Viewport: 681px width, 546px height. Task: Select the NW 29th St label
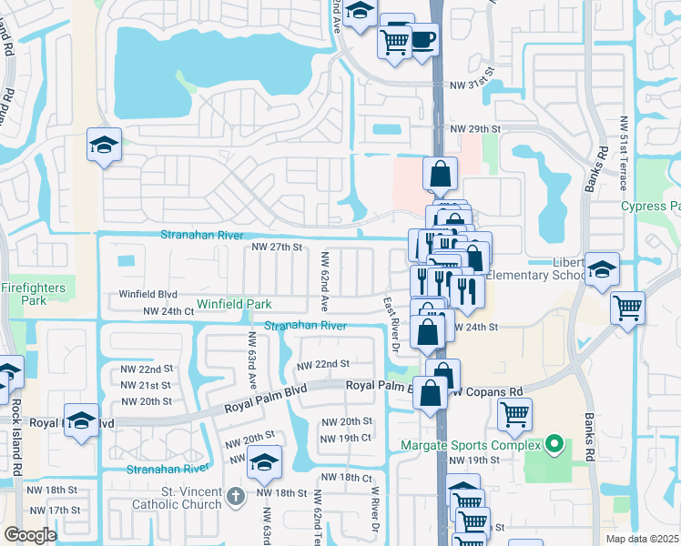476,130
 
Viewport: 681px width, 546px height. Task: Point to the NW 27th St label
276,247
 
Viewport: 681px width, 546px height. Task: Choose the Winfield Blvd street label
147,294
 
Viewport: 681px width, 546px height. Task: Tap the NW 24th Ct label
169,311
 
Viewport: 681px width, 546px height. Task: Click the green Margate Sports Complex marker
551,445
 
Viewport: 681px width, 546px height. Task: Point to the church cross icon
236,496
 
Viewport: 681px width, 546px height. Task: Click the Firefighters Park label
34,294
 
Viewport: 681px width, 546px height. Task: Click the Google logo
30,535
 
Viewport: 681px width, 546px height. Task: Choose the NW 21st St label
146,385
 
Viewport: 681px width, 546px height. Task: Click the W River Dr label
373,505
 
